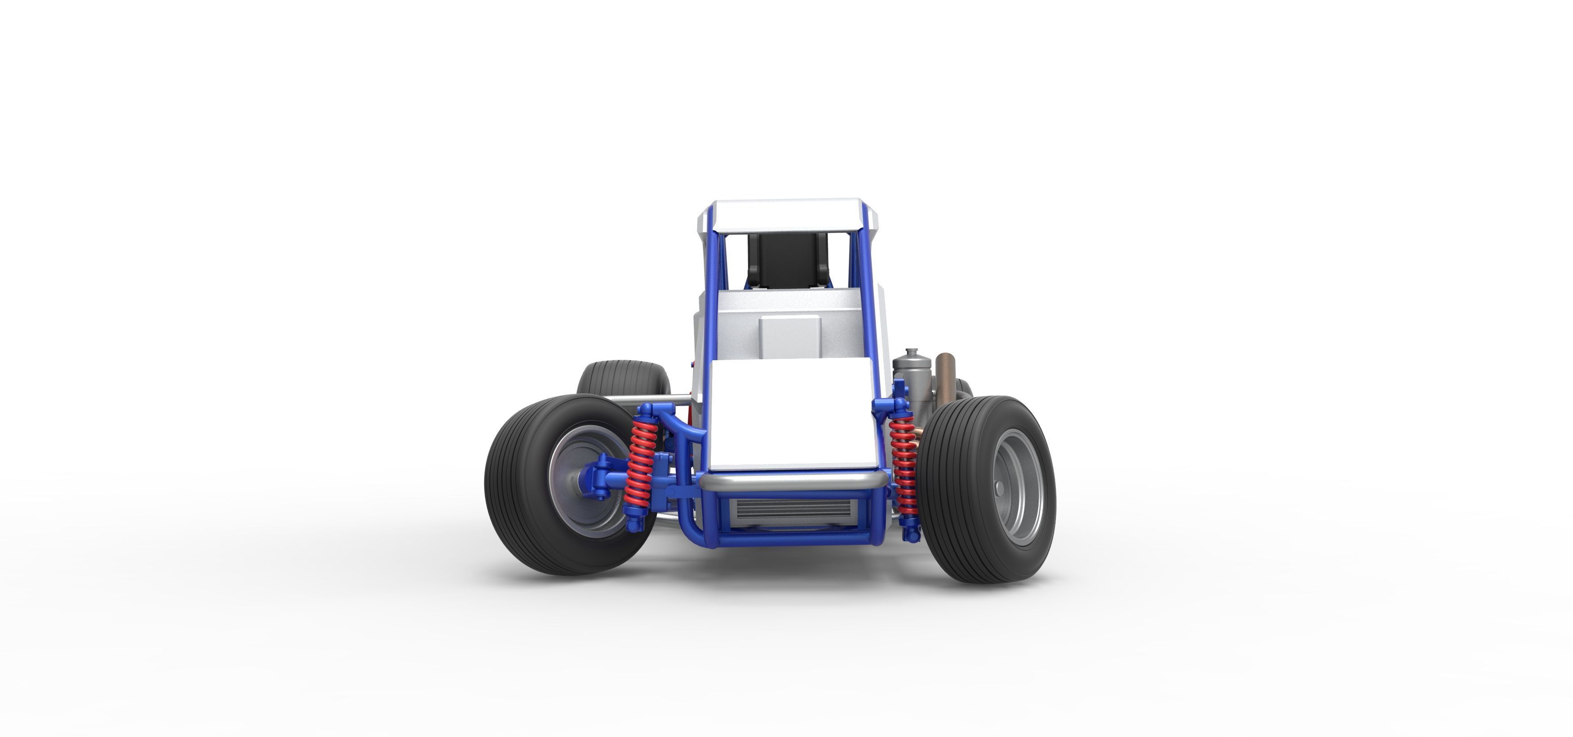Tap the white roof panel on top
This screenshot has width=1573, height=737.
point(788,215)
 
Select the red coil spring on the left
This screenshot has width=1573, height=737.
point(642,458)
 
